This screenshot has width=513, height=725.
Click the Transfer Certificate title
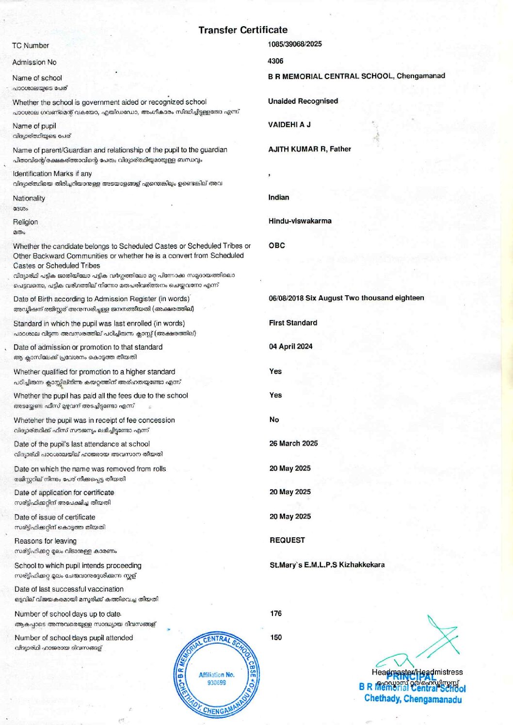242,30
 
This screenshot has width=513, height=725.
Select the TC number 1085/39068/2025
294,44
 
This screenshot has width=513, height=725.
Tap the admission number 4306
275,61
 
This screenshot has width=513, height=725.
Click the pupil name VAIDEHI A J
289,125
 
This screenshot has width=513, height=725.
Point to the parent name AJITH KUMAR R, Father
309,149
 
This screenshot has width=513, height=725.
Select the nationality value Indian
279,197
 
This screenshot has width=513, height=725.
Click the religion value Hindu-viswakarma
300,221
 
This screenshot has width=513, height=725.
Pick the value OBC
277,245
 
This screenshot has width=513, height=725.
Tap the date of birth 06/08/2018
286,298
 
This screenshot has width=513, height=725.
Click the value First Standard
293,323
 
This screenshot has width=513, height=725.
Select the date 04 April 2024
291,346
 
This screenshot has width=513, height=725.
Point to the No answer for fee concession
274,419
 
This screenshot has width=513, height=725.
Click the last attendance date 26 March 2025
293,443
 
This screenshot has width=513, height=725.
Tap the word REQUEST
287,540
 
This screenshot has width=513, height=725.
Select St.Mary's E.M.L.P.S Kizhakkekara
327,565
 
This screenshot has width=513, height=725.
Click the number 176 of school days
276,613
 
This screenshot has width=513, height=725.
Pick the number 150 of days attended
276,637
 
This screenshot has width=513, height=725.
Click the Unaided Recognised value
303,101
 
